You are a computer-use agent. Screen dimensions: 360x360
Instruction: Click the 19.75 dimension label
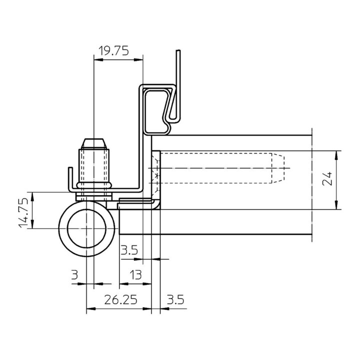point(114,50)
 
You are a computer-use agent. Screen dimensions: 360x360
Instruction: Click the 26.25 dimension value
point(120,300)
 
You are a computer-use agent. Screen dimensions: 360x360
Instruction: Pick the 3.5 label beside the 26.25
point(175,300)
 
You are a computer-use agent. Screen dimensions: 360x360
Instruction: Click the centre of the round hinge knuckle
point(87,228)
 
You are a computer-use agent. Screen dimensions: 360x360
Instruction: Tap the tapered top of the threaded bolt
point(93,142)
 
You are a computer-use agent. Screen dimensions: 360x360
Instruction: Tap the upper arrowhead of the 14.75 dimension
point(33,195)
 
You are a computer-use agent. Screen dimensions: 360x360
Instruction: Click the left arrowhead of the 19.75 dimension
point(97,60)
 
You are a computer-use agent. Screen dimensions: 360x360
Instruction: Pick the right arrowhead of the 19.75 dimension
point(140,60)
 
